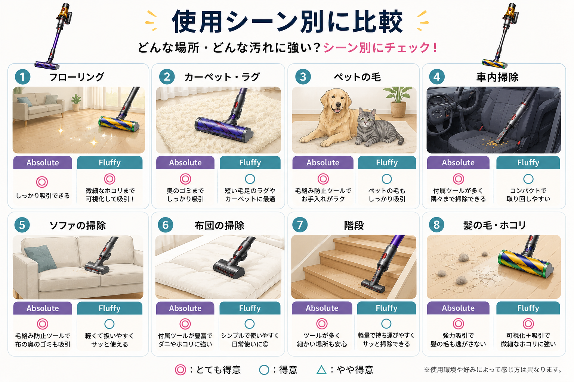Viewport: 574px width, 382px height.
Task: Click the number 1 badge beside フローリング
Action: [22, 77]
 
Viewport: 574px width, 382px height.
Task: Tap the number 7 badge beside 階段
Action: [300, 225]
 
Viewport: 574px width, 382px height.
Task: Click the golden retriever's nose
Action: [338, 105]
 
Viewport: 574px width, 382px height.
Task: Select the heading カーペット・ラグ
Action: [222, 77]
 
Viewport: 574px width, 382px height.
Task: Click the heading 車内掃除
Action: [497, 77]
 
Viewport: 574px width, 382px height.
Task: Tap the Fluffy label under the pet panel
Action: [387, 163]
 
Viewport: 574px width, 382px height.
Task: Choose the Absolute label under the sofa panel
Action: [43, 308]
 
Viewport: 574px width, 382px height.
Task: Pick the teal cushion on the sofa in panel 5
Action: [41, 258]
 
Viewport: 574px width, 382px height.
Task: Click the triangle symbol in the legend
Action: [321, 370]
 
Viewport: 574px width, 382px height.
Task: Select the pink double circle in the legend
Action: [180, 370]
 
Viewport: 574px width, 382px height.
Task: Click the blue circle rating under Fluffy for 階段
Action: [386, 324]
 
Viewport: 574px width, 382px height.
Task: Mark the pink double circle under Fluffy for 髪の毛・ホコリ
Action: [528, 324]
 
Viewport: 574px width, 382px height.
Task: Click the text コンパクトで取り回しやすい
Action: [528, 195]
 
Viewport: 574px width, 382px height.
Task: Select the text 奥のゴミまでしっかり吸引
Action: [185, 195]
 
